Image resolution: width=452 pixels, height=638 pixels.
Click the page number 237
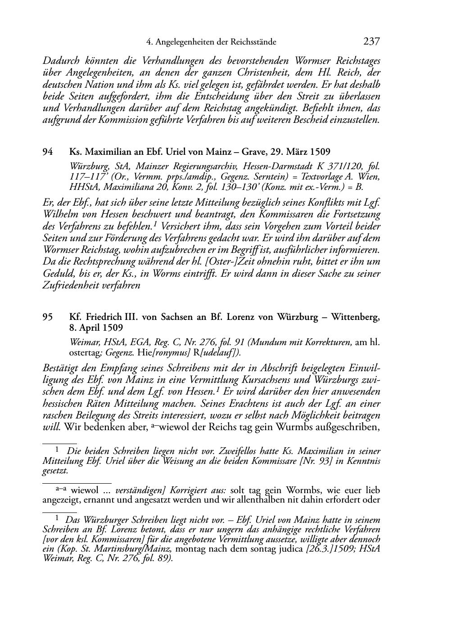[371, 42]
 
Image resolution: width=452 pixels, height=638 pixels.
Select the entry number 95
[48, 317]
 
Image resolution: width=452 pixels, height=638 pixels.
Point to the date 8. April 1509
[96, 328]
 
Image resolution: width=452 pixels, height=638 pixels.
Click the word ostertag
[84, 353]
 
